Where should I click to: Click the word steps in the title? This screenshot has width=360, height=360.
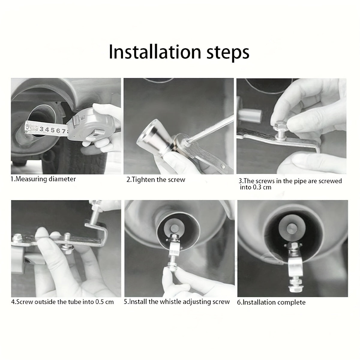click(228, 53)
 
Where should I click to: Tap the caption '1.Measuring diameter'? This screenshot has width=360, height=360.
click(43, 179)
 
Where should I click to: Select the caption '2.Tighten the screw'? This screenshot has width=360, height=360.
click(156, 179)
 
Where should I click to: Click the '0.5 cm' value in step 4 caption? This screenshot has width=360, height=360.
click(104, 302)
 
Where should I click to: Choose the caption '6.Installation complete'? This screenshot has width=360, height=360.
click(271, 302)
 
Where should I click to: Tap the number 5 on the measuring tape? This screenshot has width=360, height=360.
click(53, 130)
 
